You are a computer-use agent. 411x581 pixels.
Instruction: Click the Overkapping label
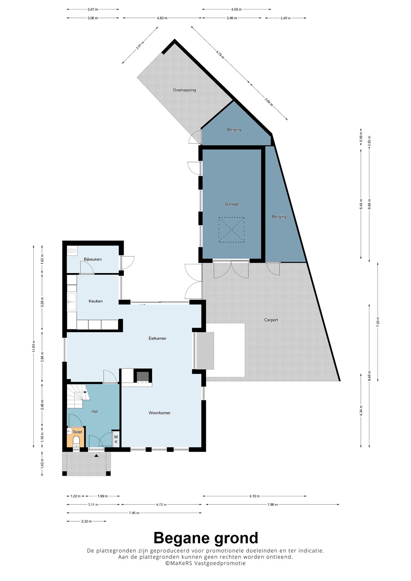coord(184,90)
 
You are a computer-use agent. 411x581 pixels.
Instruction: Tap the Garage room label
coord(232,204)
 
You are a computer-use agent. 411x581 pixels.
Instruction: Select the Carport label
coord(271,320)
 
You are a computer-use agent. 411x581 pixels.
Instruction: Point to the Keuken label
coord(96,301)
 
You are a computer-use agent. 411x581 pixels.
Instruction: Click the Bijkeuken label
coord(92,259)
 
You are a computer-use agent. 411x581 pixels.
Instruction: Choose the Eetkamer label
coord(157,338)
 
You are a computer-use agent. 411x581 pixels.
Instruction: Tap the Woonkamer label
coord(159,413)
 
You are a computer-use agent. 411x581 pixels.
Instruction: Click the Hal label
coord(94,411)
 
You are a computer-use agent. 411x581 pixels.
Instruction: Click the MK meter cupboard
coord(116,439)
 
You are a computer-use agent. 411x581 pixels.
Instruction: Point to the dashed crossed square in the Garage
coord(231,230)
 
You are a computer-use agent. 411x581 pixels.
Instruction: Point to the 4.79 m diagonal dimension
coord(220,55)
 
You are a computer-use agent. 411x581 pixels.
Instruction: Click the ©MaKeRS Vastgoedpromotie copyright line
coord(205,563)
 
